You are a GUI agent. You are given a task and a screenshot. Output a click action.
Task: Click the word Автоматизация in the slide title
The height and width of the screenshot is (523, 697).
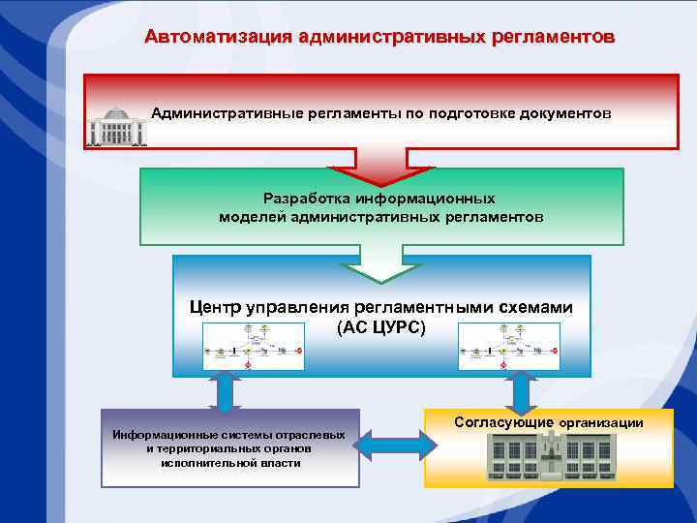pos(205,38)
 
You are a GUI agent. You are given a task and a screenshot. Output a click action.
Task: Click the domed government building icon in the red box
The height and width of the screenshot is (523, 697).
pos(115,127)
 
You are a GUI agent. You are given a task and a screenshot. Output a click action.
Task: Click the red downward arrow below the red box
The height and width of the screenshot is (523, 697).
pos(381,165)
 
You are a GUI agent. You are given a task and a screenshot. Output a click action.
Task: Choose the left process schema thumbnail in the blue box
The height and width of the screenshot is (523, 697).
pos(252,346)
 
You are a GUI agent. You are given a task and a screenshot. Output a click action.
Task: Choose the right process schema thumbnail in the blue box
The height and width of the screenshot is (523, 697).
pos(509,346)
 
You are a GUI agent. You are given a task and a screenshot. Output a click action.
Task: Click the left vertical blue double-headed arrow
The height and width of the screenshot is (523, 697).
pos(225,391)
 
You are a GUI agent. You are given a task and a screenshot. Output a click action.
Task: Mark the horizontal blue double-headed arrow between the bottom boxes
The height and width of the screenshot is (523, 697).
pos(392,446)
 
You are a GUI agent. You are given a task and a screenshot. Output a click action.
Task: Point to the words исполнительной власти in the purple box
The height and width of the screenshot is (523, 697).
pos(230,463)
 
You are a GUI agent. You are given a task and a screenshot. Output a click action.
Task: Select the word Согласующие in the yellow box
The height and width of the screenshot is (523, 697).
pos(503,422)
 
